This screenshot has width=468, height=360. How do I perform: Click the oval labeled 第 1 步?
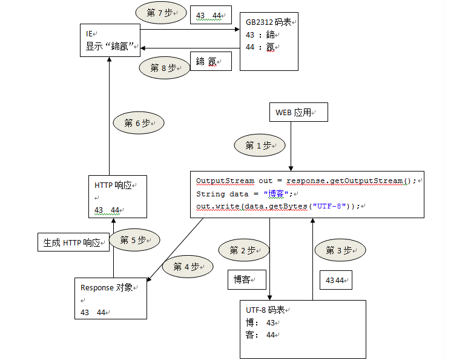click(260, 145)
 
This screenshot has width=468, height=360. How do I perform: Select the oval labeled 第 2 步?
click(244, 250)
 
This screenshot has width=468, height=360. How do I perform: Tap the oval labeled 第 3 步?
click(340, 250)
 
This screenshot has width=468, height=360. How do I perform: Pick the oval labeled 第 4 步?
click(188, 267)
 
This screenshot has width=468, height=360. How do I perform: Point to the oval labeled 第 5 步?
click(134, 240)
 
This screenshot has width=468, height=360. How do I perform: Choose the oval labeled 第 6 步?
click(139, 123)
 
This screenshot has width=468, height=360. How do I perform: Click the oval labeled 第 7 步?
click(161, 13)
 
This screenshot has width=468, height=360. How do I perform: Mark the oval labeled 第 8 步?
click(165, 68)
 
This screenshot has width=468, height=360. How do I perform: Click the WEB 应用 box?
click(298, 112)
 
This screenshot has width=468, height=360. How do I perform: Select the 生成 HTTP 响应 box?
click(73, 242)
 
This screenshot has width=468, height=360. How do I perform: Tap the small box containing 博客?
click(247, 279)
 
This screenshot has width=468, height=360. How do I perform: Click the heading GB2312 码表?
click(268, 22)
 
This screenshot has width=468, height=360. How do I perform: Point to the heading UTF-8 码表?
click(265, 310)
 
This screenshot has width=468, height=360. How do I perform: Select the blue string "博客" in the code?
click(276, 194)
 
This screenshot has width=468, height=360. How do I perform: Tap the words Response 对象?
click(107, 288)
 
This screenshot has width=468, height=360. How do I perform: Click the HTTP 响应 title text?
click(113, 185)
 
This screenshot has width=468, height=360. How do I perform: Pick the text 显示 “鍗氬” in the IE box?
click(110, 46)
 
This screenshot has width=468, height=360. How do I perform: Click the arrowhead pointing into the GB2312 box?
click(237, 29)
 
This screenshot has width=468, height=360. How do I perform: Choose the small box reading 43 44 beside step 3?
click(336, 280)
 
